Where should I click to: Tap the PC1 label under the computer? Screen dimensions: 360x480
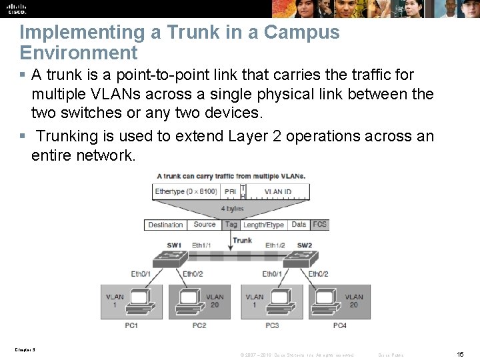[x=131, y=325]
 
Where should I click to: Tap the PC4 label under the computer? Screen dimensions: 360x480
[x=340, y=325]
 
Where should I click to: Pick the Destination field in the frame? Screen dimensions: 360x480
[x=166, y=225]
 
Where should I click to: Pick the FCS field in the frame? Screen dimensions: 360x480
[x=320, y=225]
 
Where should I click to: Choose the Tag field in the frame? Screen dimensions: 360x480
[x=231, y=225]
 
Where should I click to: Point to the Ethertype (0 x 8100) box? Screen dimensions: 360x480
[x=186, y=191]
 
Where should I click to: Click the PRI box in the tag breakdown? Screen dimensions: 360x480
[x=230, y=191]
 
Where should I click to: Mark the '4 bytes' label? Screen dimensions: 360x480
[x=232, y=209]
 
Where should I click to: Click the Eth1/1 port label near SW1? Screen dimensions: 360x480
[x=201, y=245]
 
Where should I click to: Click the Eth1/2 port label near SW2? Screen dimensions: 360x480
[x=275, y=245]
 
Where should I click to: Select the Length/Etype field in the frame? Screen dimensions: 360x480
[x=263, y=225]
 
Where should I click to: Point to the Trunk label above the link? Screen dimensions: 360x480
[x=243, y=240]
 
